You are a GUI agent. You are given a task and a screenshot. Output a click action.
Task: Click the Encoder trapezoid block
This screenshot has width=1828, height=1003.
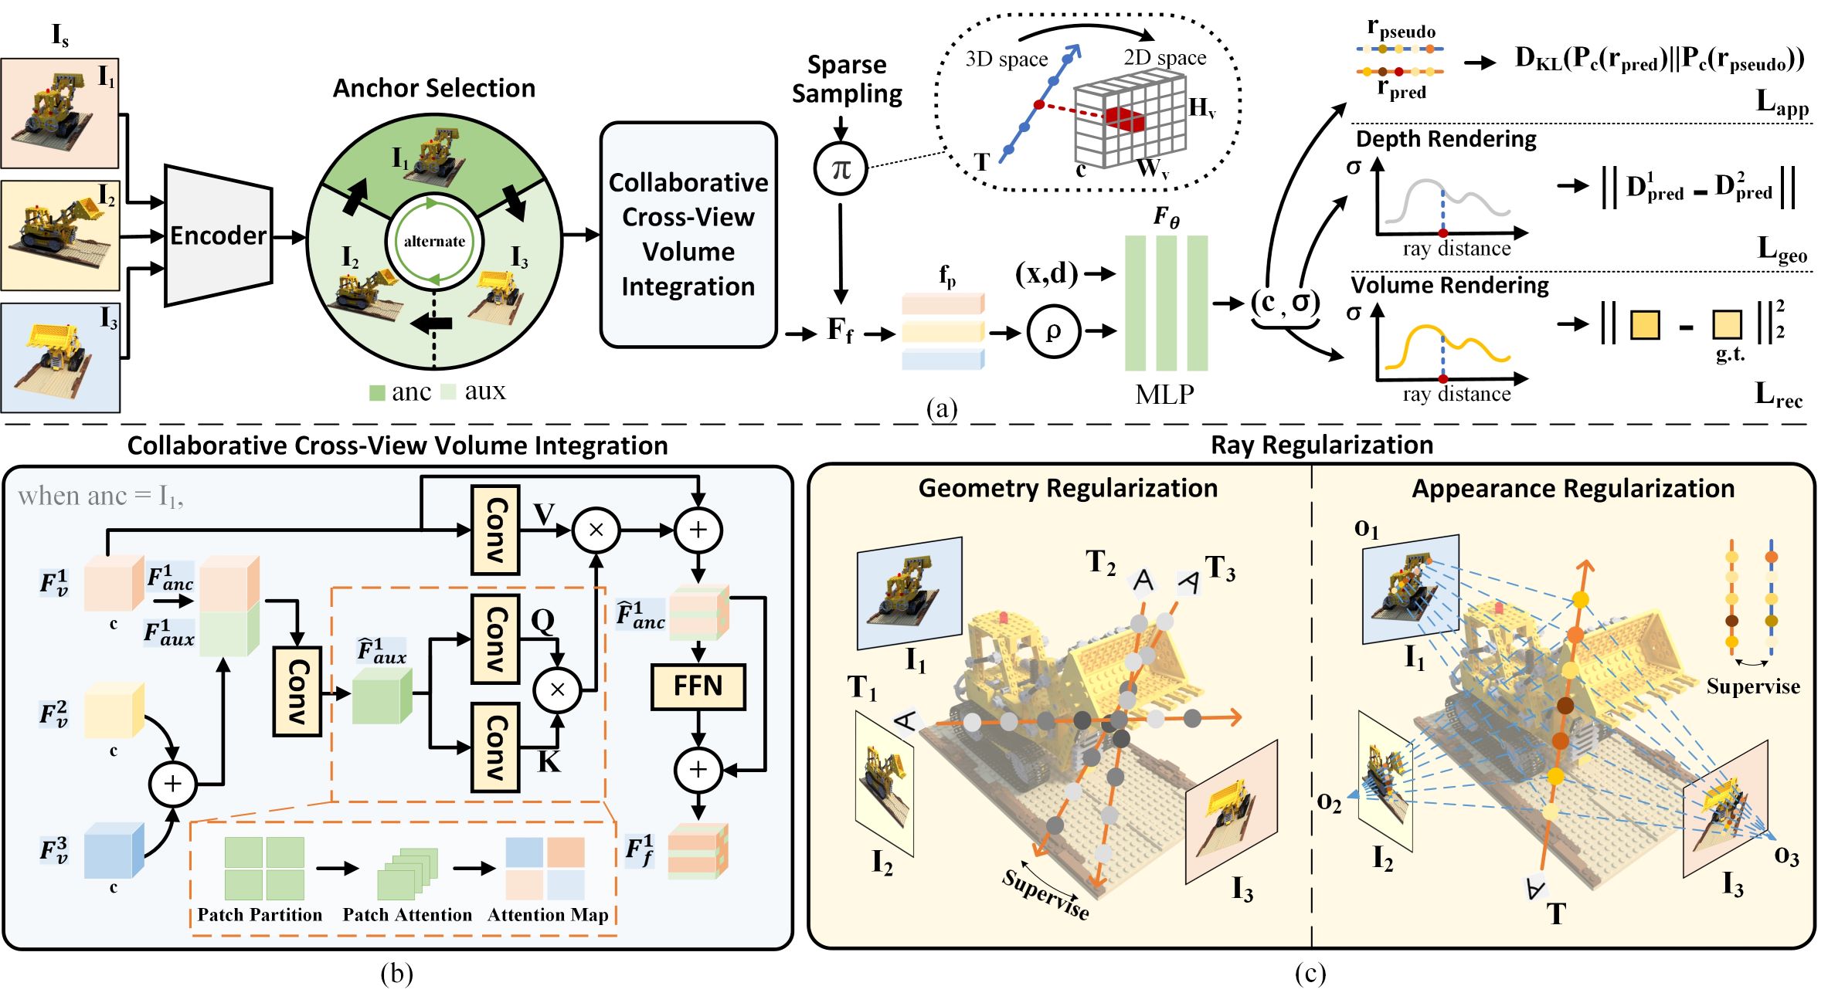pos(219,236)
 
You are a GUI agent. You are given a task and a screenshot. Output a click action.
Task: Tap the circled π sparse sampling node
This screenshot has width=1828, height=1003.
pos(841,168)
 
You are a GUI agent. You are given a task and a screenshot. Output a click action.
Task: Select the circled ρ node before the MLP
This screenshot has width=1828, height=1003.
pos(1052,332)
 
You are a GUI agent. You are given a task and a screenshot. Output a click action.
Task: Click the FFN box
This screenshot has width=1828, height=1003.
pos(698,686)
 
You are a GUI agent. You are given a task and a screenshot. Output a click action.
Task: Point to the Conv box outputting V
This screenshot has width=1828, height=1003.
pos(494,530)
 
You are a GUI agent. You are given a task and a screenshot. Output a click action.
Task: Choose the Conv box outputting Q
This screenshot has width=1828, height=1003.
pos(494,639)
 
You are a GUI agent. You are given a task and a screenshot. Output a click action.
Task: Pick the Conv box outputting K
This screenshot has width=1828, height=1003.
pos(494,747)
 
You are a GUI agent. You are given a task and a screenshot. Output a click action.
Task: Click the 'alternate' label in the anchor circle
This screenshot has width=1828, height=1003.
pos(434,242)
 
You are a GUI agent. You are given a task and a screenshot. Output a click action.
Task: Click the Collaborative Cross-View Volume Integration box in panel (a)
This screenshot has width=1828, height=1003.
pos(688,235)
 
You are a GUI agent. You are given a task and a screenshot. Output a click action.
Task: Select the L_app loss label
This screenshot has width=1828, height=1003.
pos(1782,103)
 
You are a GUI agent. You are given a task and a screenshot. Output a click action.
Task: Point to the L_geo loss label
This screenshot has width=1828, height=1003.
pos(1782,249)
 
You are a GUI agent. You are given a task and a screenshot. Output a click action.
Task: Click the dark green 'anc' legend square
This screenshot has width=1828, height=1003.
pos(377,393)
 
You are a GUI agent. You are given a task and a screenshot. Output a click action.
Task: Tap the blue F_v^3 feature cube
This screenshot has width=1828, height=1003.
pos(113,850)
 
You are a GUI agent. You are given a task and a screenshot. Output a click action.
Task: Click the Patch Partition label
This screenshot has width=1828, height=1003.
pos(260,915)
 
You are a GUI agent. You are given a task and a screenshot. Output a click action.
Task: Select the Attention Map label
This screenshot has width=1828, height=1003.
pos(548,915)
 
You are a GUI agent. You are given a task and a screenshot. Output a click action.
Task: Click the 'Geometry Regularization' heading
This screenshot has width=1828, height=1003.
pos(1068,489)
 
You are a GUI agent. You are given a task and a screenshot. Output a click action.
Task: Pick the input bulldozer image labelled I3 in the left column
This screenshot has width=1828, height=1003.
pos(60,357)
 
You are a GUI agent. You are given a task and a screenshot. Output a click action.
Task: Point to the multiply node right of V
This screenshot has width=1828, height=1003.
pos(596,530)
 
